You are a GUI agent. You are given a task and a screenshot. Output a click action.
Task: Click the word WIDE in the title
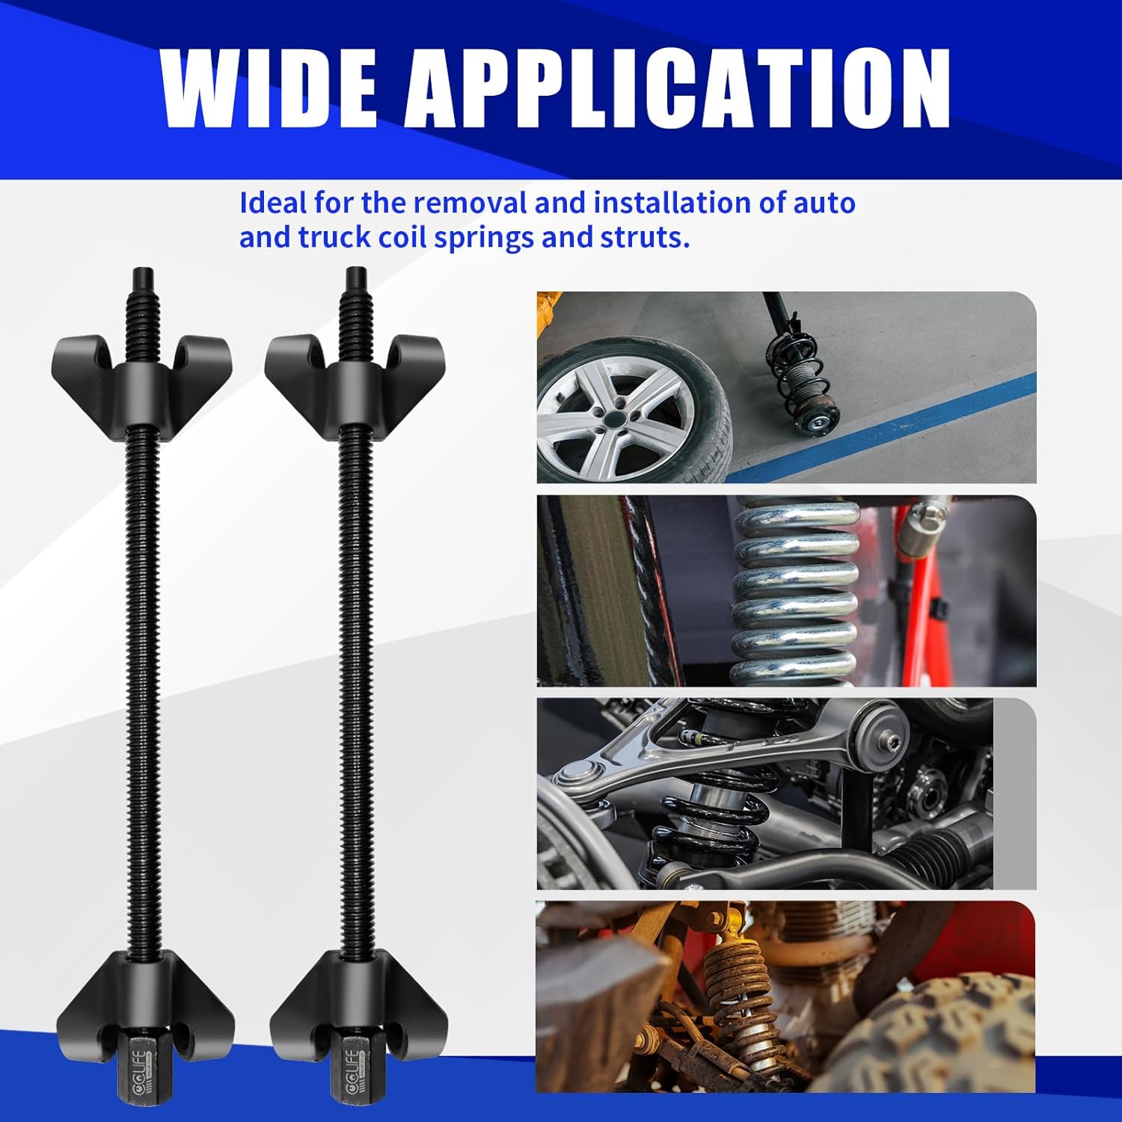coord(269,89)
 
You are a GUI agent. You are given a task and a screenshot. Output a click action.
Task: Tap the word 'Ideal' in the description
coord(273,203)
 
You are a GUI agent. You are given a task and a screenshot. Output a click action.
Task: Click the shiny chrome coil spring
coord(796,591)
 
